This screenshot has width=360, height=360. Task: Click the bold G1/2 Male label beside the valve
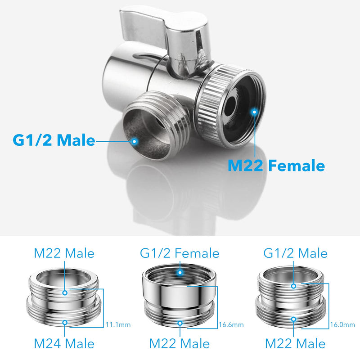point(54,140)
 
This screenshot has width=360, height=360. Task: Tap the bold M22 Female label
point(276,165)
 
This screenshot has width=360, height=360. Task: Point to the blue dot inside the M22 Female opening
point(254,112)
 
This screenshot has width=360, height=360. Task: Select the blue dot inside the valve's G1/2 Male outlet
point(135,141)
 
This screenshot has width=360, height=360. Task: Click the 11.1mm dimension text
point(118,324)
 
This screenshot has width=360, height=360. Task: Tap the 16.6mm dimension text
point(231,324)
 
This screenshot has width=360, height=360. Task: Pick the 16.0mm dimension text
point(342,324)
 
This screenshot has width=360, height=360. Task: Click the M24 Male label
point(64,343)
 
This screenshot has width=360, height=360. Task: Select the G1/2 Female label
point(180,253)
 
